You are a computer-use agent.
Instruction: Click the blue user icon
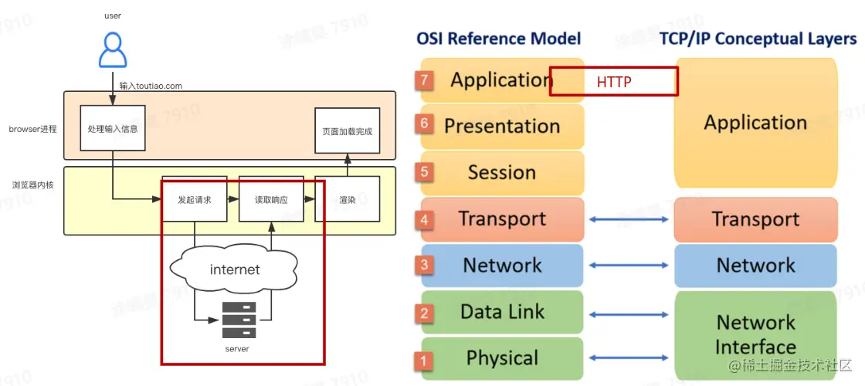[113, 50]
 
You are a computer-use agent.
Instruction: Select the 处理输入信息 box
[113, 129]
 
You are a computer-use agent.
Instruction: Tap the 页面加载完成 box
[347, 130]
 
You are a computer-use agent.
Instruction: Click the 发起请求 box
[194, 199]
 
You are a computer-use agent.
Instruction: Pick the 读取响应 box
[271, 199]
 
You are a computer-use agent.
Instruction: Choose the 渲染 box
[348, 199]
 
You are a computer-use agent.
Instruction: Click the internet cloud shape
[235, 269]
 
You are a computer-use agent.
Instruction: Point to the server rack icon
[239, 320]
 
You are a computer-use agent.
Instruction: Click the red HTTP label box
[614, 81]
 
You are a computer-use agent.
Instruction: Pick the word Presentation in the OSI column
[502, 126]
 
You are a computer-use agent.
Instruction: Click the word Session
[502, 172]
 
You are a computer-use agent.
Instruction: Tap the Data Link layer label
[503, 312]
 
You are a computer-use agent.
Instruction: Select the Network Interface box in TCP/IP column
[755, 334]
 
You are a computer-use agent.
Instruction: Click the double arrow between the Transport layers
[629, 220]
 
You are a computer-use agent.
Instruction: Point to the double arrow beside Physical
[629, 358]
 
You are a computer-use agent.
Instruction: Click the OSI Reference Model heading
[499, 38]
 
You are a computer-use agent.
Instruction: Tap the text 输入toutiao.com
[151, 86]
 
